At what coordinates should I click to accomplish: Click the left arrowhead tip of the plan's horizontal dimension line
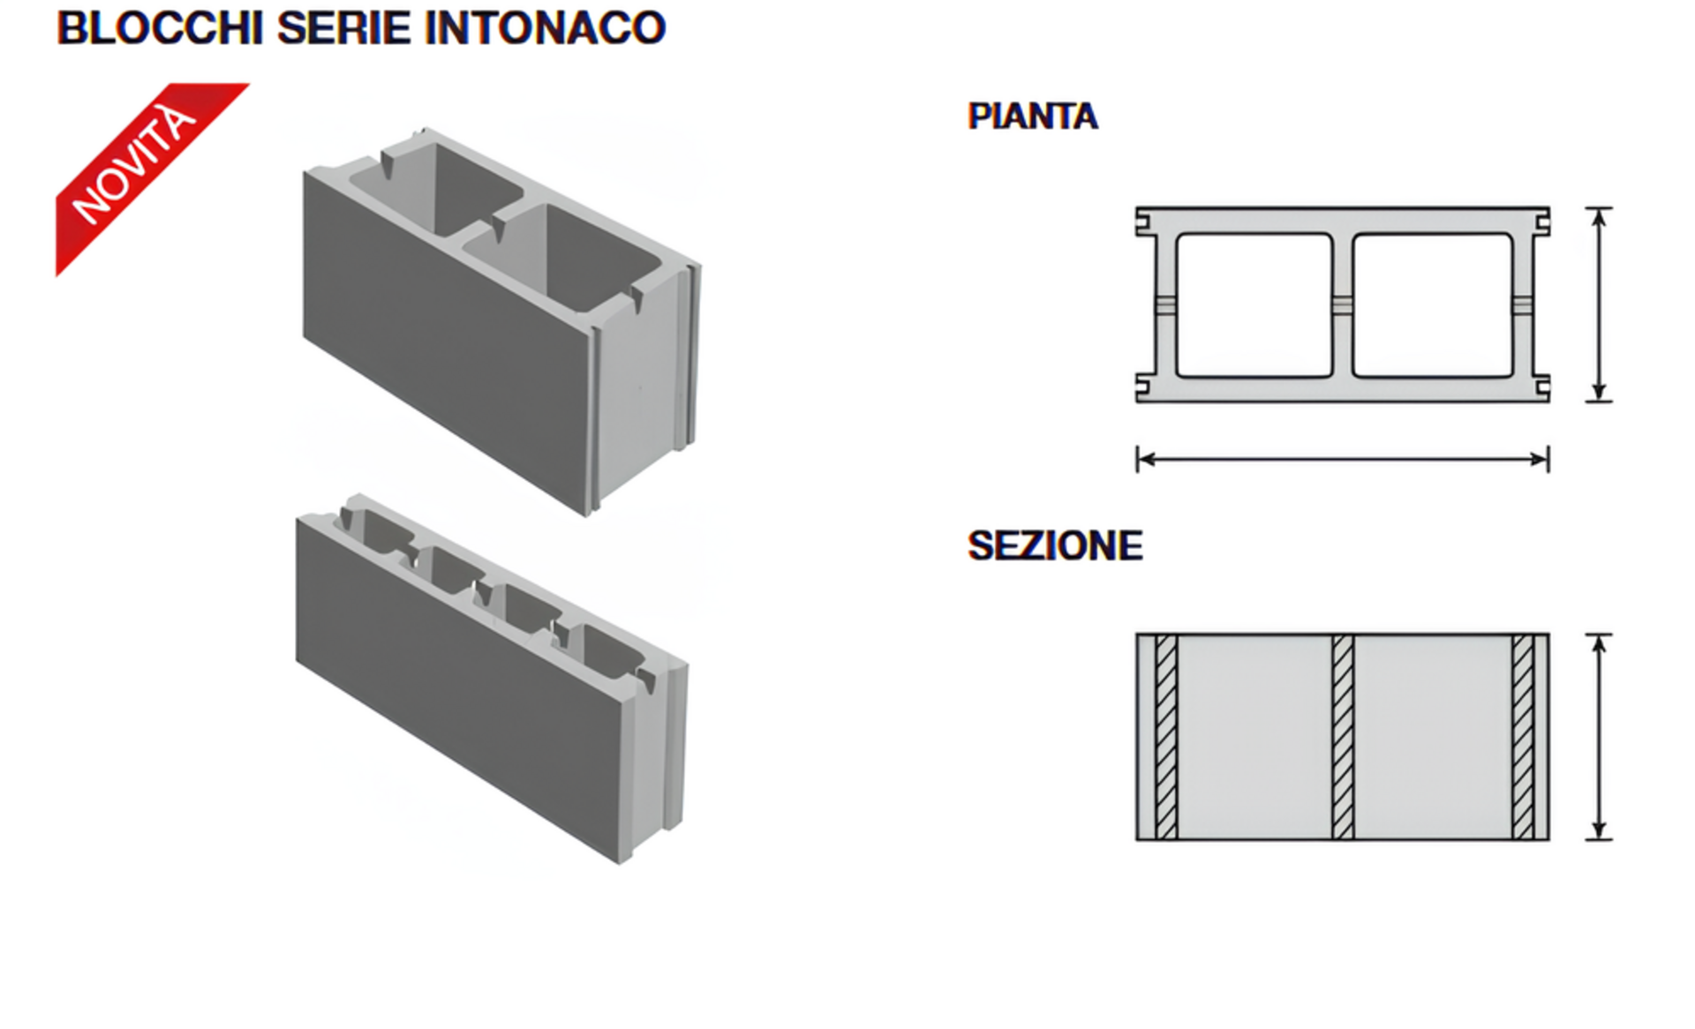[1139, 459]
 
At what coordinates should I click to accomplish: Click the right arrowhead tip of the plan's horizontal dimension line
[1548, 459]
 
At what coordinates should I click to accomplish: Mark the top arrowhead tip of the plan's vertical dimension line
[1599, 209]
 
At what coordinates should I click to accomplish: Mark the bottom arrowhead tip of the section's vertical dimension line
[1599, 838]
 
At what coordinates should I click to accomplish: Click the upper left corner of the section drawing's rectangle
[1136, 634]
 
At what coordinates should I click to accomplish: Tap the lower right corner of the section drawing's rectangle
[1549, 840]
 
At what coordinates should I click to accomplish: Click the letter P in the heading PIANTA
[978, 116]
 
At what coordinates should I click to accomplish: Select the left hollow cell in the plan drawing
[1254, 305]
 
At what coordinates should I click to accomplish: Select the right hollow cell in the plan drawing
[1432, 305]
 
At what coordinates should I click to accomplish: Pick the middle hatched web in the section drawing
[1343, 737]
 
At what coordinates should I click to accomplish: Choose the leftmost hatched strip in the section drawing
[1166, 737]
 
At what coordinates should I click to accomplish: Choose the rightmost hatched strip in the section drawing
[1523, 737]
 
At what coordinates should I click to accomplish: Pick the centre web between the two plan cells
[1343, 305]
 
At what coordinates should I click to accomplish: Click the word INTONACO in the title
[545, 28]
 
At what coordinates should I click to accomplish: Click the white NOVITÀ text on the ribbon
[134, 164]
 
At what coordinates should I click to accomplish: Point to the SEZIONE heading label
[1055, 546]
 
